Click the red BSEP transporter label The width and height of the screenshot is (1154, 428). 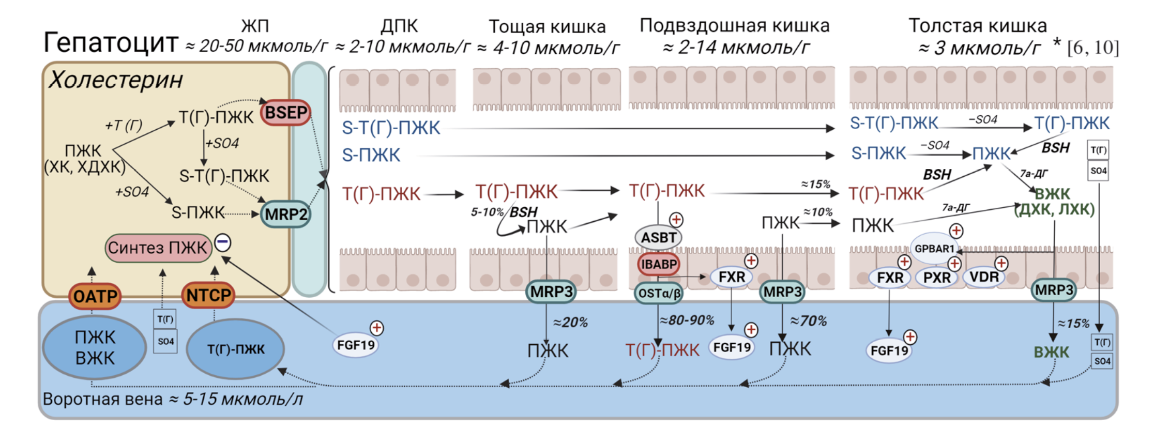(x=286, y=113)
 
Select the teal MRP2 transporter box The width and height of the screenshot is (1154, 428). (x=286, y=214)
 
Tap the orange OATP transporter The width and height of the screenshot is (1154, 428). (x=95, y=296)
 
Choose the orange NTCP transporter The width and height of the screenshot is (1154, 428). (x=208, y=295)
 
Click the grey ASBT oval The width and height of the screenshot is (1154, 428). (x=658, y=237)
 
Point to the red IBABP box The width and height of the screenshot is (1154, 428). (x=659, y=264)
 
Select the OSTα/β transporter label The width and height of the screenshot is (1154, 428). (x=659, y=294)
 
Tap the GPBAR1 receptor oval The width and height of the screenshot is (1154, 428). (x=934, y=248)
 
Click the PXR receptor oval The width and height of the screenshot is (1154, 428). (x=936, y=278)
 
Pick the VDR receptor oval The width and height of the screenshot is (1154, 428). (x=983, y=277)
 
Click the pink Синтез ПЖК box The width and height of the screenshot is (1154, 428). (x=158, y=248)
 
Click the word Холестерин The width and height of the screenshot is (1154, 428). (x=116, y=80)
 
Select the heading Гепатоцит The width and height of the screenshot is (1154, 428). (x=111, y=42)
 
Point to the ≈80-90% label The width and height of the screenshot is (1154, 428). (x=687, y=320)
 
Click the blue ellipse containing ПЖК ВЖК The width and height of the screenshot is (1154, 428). (x=95, y=348)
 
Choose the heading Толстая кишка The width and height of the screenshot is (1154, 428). (x=977, y=25)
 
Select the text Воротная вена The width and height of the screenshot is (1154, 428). (x=102, y=399)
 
